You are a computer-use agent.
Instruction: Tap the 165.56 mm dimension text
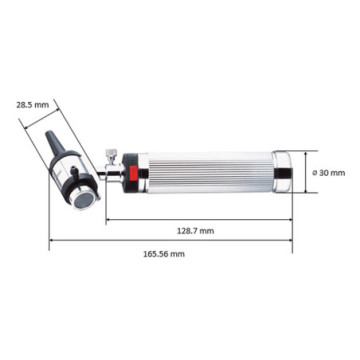(165, 254)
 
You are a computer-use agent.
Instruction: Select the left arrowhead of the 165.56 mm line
(51, 240)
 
